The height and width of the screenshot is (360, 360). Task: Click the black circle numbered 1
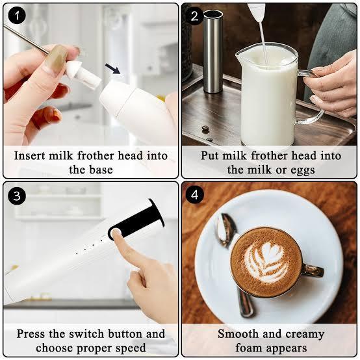tap(17, 16)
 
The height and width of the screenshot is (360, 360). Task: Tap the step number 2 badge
tap(194, 16)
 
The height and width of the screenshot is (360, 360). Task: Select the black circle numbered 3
tap(17, 196)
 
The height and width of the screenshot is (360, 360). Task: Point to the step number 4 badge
tap(194, 195)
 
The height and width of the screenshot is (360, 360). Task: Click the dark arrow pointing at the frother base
tap(112, 69)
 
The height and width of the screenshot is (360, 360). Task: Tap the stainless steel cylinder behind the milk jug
tap(213, 51)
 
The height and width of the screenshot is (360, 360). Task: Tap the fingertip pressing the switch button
tap(116, 234)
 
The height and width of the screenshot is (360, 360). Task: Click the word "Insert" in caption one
tap(30, 156)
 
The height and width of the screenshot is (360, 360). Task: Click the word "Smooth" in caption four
tap(238, 333)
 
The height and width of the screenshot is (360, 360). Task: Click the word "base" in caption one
tap(101, 170)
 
